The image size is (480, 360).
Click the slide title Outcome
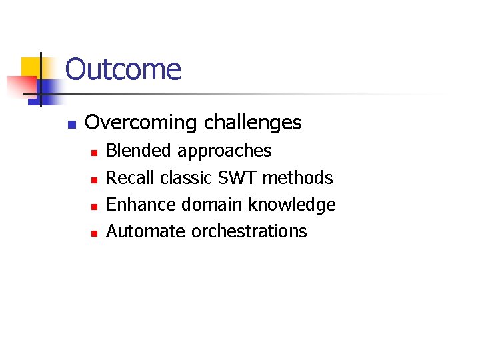click(x=123, y=70)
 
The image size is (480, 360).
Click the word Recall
click(x=131, y=177)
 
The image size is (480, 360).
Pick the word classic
click(x=185, y=177)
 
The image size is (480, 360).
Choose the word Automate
click(x=146, y=231)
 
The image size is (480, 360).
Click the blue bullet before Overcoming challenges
click(x=73, y=125)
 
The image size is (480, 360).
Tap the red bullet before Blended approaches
click(x=94, y=153)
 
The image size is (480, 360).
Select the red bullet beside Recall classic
click(x=94, y=179)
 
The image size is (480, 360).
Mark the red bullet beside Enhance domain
click(x=94, y=206)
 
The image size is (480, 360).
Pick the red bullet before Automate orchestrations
click(x=94, y=233)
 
